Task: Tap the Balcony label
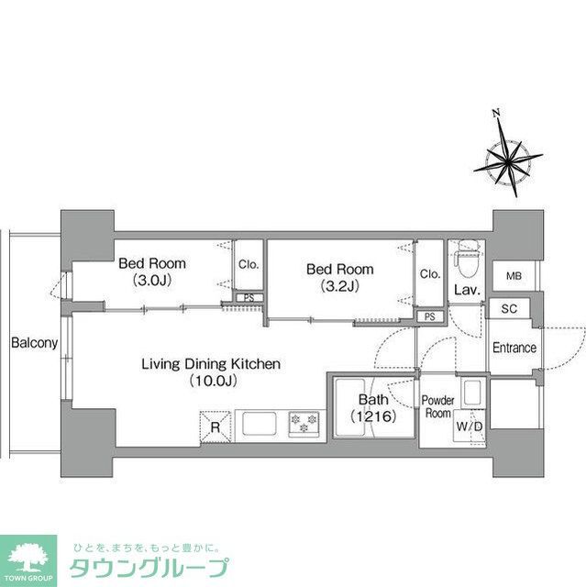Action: pyautogui.click(x=35, y=344)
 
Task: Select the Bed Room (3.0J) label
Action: pyautogui.click(x=152, y=271)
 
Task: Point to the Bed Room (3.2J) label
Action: pyautogui.click(x=340, y=277)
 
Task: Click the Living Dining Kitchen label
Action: pyautogui.click(x=210, y=371)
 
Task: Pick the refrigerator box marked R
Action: pyautogui.click(x=214, y=426)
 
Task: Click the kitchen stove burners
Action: pyautogui.click(x=304, y=424)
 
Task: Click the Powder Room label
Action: pyautogui.click(x=437, y=407)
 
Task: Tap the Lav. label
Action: pyautogui.click(x=462, y=291)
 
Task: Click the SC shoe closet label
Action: pyautogui.click(x=510, y=309)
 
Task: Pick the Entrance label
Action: pyautogui.click(x=514, y=349)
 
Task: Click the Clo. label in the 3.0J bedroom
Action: pyautogui.click(x=249, y=265)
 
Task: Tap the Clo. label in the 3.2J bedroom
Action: pyautogui.click(x=429, y=274)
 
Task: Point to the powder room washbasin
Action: pyautogui.click(x=473, y=393)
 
